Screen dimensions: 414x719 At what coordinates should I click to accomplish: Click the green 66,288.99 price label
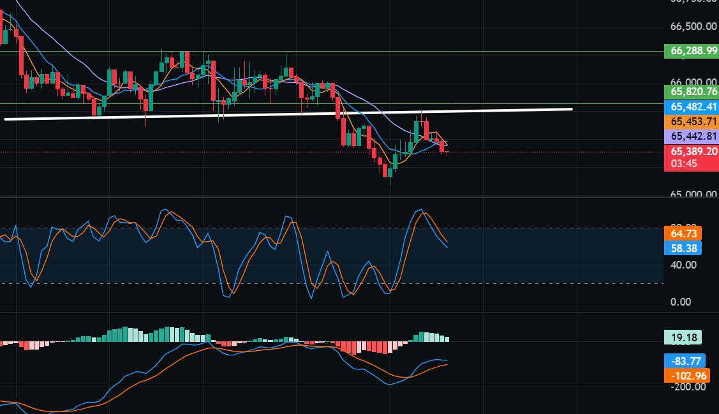[691, 52]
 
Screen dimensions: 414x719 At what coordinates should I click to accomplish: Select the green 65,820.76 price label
[691, 91]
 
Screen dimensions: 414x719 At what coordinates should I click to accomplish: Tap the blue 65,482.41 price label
[691, 107]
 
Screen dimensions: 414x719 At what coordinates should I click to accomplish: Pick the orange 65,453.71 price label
[691, 121]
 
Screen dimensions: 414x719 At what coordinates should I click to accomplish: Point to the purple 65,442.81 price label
[691, 136]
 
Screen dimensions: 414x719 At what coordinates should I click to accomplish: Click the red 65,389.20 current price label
[691, 151]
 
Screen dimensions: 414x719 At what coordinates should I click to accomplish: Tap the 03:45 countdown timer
[683, 165]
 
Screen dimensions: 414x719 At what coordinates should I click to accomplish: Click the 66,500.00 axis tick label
[693, 26]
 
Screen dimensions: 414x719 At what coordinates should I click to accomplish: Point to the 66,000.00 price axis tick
[693, 82]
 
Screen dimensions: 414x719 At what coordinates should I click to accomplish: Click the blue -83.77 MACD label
[685, 360]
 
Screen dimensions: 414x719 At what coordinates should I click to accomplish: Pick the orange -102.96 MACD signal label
[688, 375]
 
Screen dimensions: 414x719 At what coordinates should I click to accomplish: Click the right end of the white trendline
[570, 109]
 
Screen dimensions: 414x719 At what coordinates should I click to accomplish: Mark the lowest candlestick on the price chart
[389, 172]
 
